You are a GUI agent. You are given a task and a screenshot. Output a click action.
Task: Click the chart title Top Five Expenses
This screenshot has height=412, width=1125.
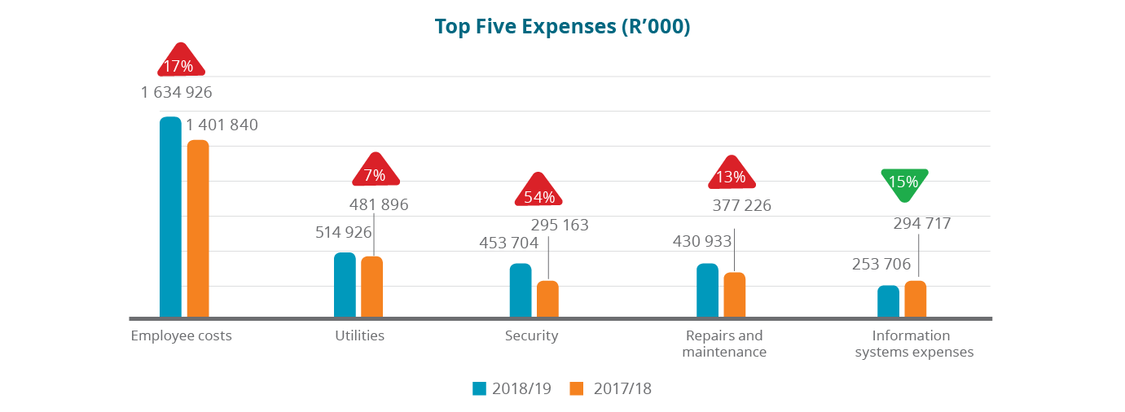[562, 26]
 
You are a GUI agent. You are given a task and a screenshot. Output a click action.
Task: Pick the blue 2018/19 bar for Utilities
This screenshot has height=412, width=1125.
[345, 284]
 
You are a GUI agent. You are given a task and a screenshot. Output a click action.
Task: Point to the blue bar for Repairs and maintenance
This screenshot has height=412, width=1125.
[707, 290]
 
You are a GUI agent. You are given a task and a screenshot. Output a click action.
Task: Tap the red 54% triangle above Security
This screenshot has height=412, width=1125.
[538, 192]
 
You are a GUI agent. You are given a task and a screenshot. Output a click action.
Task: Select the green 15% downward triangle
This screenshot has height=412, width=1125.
[903, 183]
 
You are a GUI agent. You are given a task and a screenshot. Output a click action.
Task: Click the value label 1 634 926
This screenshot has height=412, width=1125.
[177, 92]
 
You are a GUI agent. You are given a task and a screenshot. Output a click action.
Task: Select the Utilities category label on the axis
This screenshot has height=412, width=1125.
[359, 335]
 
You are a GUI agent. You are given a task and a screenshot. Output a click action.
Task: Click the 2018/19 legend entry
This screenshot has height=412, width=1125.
[512, 388]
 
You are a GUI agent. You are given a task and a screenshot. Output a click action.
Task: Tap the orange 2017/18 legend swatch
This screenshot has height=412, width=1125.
[577, 388]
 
